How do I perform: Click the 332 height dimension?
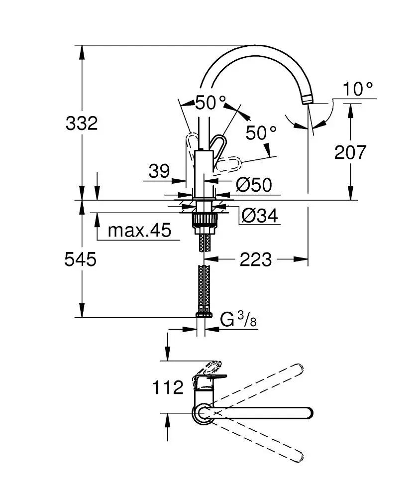click(82, 123)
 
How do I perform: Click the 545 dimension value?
click(80, 259)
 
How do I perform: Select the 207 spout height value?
click(350, 152)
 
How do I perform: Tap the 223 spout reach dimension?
click(256, 259)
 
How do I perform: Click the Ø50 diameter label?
click(254, 185)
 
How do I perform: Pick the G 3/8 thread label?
click(238, 320)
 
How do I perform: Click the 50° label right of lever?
click(261, 132)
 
